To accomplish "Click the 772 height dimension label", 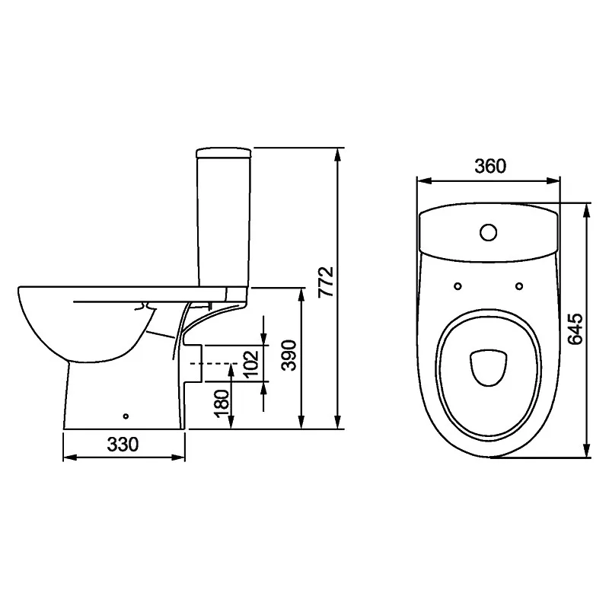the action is (326, 282).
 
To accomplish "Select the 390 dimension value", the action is (289, 356).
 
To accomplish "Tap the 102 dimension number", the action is (251, 363).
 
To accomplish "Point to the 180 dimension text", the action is (222, 403).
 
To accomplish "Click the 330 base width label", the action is (123, 445).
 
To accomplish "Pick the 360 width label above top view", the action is (490, 167).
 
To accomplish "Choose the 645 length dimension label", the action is (576, 329).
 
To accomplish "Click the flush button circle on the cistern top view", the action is (488, 232).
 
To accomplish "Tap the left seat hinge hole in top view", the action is (458, 286).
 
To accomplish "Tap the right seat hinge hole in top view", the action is (519, 286).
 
